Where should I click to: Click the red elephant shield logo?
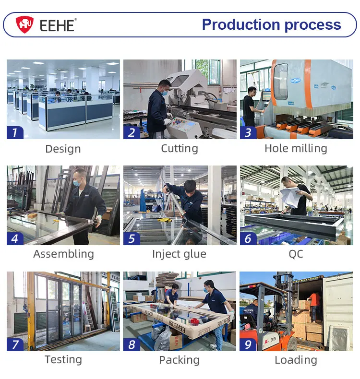pyautogui.click(x=24, y=24)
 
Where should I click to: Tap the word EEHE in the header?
pyautogui.click(x=57, y=25)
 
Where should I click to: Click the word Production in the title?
pyautogui.click(x=234, y=24)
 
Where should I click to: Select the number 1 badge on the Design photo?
pyautogui.click(x=15, y=132)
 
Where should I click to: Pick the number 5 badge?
pyautogui.click(x=132, y=238)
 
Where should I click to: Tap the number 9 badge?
pyautogui.click(x=248, y=344)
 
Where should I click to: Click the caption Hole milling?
pyautogui.click(x=296, y=149)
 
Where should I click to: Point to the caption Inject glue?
pyautogui.click(x=179, y=254)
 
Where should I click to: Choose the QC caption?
pyautogui.click(x=296, y=254)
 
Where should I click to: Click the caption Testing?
pyautogui.click(x=63, y=360)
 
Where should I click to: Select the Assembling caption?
pyautogui.click(x=63, y=254)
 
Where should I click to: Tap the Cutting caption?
pyautogui.click(x=179, y=149)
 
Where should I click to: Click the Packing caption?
pyautogui.click(x=179, y=360)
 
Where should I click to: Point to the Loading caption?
pyautogui.click(x=296, y=360)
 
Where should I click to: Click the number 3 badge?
pyautogui.click(x=248, y=132)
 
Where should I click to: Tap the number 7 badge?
pyautogui.click(x=15, y=344)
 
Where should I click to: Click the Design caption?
pyautogui.click(x=63, y=149)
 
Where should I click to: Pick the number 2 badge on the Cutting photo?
pyautogui.click(x=132, y=132)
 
